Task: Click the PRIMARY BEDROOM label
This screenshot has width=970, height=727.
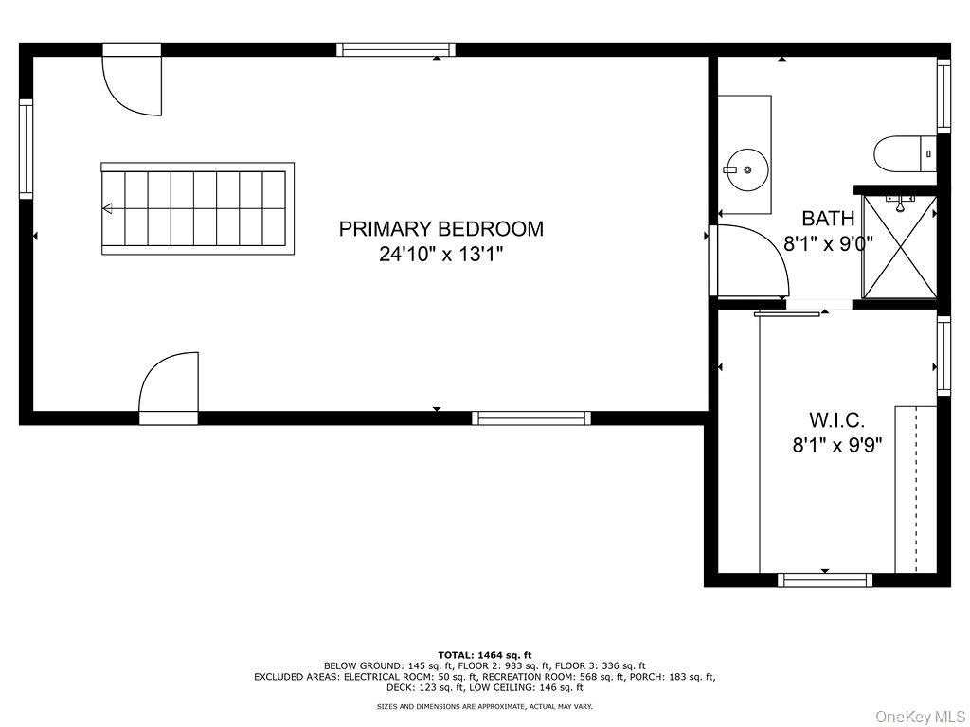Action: pyautogui.click(x=441, y=228)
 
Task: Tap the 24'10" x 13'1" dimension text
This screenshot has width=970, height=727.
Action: pyautogui.click(x=441, y=254)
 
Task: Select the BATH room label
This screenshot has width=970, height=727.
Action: pyautogui.click(x=828, y=219)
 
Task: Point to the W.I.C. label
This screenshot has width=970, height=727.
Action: pyautogui.click(x=836, y=418)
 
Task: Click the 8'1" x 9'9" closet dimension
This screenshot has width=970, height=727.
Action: pyautogui.click(x=837, y=444)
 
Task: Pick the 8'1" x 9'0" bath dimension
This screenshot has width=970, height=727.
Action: pyautogui.click(x=828, y=242)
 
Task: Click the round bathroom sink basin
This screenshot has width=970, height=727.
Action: pyautogui.click(x=747, y=169)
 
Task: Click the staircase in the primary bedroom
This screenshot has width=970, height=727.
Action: pyautogui.click(x=197, y=208)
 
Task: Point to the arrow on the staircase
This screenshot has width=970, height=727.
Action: pyautogui.click(x=108, y=208)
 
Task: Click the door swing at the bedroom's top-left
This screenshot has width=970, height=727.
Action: pyautogui.click(x=133, y=85)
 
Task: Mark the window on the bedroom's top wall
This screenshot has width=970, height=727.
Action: pyautogui.click(x=396, y=50)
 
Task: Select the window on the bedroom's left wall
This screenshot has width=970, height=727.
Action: pyautogui.click(x=27, y=149)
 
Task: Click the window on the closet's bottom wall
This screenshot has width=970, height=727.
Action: pyautogui.click(x=825, y=579)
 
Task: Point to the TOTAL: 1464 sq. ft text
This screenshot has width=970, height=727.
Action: pyautogui.click(x=485, y=654)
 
